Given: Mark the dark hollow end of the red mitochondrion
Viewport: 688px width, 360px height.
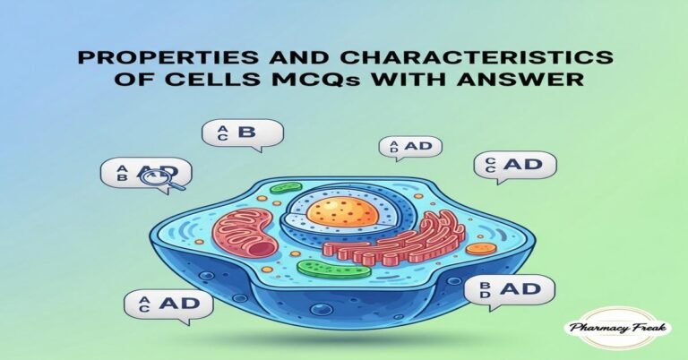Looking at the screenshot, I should point(259,247).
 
